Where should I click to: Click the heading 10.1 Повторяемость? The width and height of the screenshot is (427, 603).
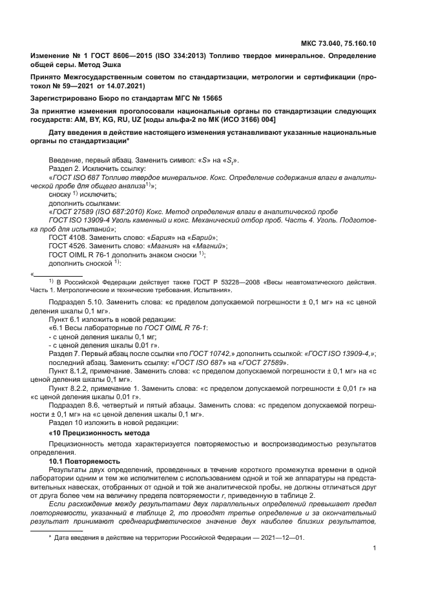(85, 462)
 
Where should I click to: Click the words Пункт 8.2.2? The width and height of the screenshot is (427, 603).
(69, 389)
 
